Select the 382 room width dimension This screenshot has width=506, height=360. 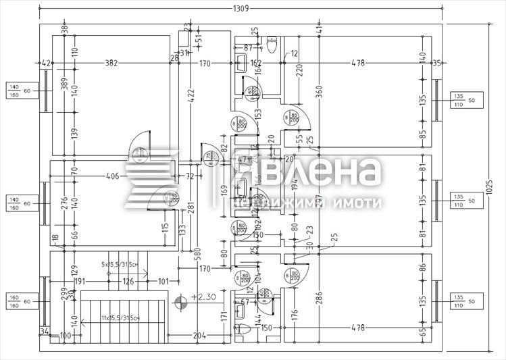click(111, 63)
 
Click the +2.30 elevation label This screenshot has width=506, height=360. click(202, 297)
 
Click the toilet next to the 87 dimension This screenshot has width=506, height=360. click(273, 46)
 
